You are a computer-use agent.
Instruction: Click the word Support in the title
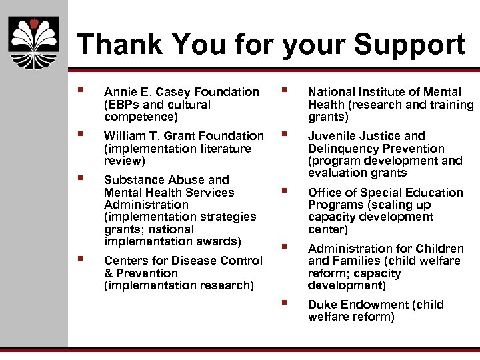(409, 45)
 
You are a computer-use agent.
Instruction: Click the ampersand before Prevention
(108, 273)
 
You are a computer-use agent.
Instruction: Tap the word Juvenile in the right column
(330, 136)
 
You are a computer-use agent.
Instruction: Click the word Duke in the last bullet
(322, 305)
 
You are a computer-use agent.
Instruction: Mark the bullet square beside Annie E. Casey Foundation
(80, 90)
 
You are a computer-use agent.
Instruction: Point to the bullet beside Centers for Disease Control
(80, 259)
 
